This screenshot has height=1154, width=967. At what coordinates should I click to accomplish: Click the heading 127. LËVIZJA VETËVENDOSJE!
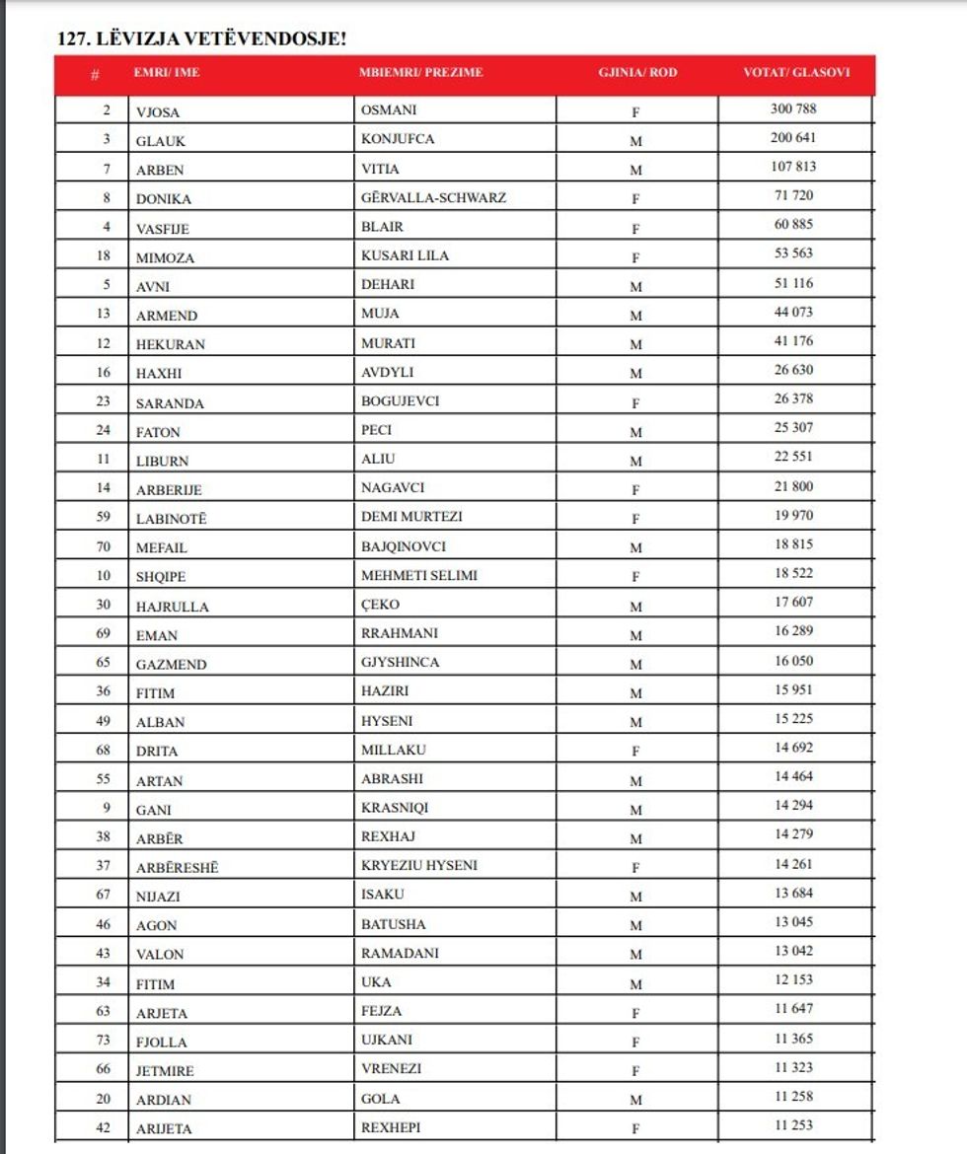click(x=202, y=38)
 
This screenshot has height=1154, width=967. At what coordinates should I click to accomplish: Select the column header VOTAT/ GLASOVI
click(x=795, y=72)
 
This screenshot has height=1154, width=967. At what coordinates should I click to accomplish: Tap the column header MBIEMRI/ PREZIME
click(x=421, y=72)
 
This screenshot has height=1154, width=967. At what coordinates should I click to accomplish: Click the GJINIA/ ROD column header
click(x=637, y=72)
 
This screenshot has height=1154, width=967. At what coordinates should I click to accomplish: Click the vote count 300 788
click(x=793, y=108)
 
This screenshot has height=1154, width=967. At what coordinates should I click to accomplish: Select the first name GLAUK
click(x=161, y=140)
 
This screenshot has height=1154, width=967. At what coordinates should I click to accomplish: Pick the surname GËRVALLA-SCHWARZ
click(x=433, y=197)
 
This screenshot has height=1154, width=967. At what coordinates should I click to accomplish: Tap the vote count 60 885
click(x=793, y=224)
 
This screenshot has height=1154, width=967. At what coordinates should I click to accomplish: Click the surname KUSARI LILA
click(x=405, y=255)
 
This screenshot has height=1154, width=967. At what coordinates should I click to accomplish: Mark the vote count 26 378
click(x=793, y=398)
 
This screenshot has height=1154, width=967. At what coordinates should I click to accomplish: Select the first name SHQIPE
click(x=162, y=576)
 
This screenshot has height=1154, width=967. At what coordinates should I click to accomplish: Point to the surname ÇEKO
click(x=380, y=605)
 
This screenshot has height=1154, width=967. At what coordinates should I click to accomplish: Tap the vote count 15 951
click(x=793, y=689)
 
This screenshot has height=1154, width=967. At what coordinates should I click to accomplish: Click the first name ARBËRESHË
click(x=178, y=868)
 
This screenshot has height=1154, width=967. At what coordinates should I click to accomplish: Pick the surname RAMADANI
click(x=400, y=954)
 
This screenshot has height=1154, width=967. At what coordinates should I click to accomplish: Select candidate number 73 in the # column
click(x=104, y=1041)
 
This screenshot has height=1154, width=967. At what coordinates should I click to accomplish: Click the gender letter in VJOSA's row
click(x=636, y=111)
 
